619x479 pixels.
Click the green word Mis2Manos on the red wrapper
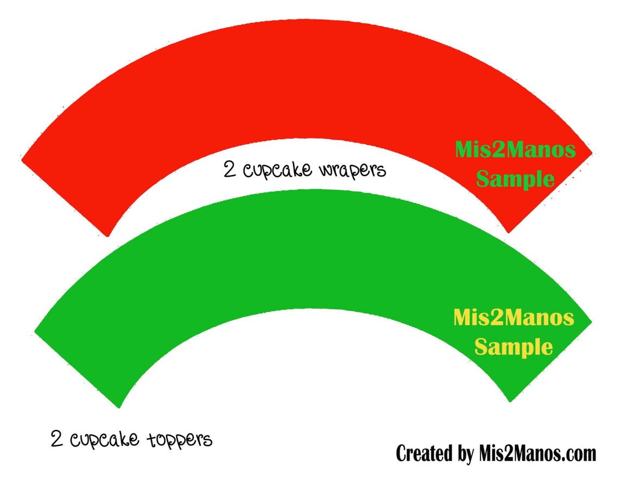[x=515, y=150]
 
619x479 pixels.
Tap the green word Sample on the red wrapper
[x=515, y=179]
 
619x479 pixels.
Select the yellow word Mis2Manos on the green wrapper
[x=514, y=318]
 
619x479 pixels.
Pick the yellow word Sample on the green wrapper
[x=514, y=347]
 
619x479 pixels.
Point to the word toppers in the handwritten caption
[x=180, y=439]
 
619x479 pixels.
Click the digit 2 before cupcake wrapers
[x=230, y=169]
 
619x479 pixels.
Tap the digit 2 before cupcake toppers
[x=57, y=438]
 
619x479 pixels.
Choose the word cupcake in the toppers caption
[x=105, y=439]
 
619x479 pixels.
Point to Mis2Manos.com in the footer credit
[x=538, y=453]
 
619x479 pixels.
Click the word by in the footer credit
[x=466, y=454]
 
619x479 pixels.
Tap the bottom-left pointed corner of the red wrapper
[x=107, y=237]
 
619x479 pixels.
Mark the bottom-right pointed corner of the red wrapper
[x=508, y=233]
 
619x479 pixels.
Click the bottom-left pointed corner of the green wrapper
[x=119, y=407]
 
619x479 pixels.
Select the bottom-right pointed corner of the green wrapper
[x=510, y=402]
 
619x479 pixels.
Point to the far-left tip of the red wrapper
[x=21, y=160]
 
